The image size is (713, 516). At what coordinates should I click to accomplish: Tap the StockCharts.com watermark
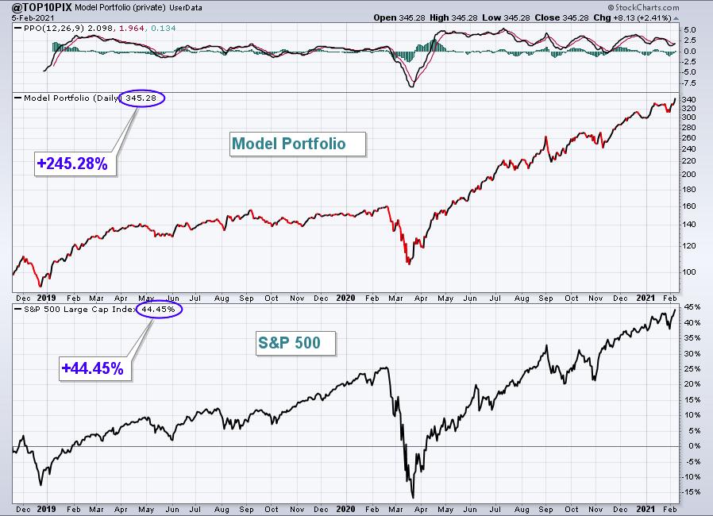(671, 6)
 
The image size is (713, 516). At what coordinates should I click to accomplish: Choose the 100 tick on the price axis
(689, 271)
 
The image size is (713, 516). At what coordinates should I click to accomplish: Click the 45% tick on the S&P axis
(689, 307)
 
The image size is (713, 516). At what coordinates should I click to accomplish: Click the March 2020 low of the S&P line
(413, 497)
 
